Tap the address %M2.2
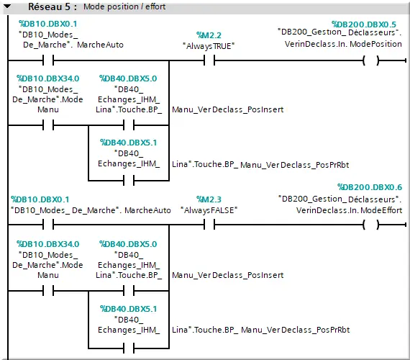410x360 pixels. pos(209,35)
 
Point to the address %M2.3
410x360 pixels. pos(209,199)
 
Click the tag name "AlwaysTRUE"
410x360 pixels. pos(209,45)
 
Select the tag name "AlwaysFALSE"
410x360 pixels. pos(209,210)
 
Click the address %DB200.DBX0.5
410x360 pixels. pos(363,24)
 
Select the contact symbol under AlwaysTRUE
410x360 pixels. pos(209,60)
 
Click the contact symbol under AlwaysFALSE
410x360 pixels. pos(209,225)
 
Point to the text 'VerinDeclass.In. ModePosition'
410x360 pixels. pos(344,44)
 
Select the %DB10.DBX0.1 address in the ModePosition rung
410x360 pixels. pos(43,24)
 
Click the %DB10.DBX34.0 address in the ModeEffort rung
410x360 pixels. pos(47,244)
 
